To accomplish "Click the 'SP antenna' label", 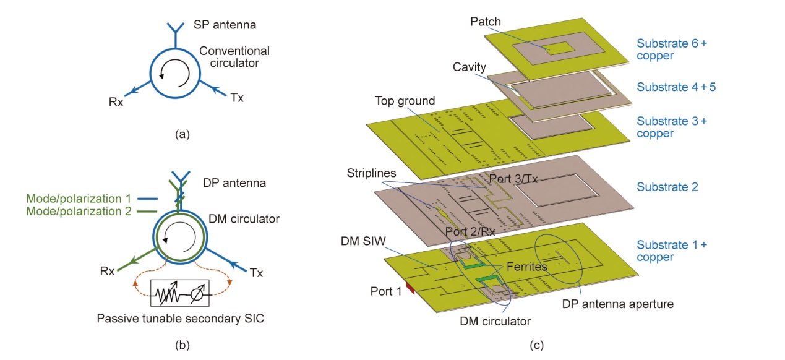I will tap(229, 25).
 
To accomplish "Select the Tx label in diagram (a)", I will tap(237, 96).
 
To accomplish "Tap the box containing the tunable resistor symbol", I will tap(179, 293).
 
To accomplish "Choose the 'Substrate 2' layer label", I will tap(667, 187).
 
